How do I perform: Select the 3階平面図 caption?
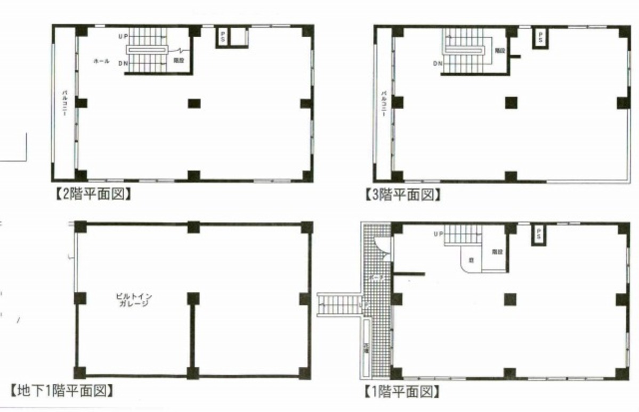[403, 195]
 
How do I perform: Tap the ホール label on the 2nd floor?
[101, 61]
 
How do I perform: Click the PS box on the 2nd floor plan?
[223, 37]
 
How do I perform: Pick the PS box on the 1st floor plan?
[539, 234]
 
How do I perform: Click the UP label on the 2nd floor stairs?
[123, 36]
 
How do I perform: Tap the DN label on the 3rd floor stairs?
[438, 64]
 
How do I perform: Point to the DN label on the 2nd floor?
[123, 63]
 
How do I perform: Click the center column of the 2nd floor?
[193, 103]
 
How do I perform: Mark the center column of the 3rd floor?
[511, 102]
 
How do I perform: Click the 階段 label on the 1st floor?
[497, 252]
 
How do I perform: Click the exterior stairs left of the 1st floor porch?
[338, 305]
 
